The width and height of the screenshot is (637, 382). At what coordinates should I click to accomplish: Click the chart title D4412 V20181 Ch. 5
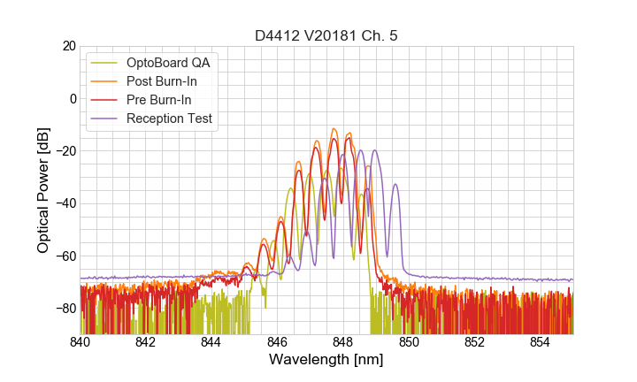pos(326,35)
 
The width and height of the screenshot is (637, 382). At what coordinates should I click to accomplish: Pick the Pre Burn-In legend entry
pos(158,100)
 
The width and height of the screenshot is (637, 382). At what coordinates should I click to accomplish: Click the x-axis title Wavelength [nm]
pos(326,361)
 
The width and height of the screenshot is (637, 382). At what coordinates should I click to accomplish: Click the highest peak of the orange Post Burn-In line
pos(334,129)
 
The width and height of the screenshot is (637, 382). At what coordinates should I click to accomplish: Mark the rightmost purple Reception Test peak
pos(395,185)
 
